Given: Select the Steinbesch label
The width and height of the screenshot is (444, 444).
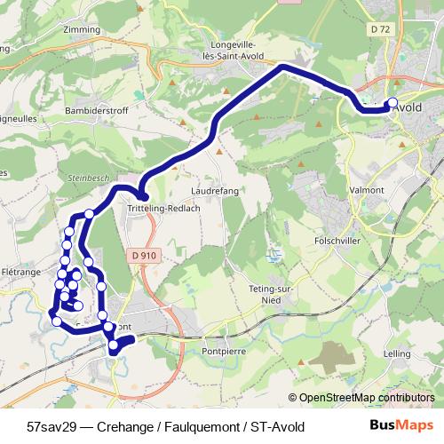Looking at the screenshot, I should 86,178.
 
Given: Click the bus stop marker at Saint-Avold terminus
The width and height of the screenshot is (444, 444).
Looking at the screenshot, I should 393,102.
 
